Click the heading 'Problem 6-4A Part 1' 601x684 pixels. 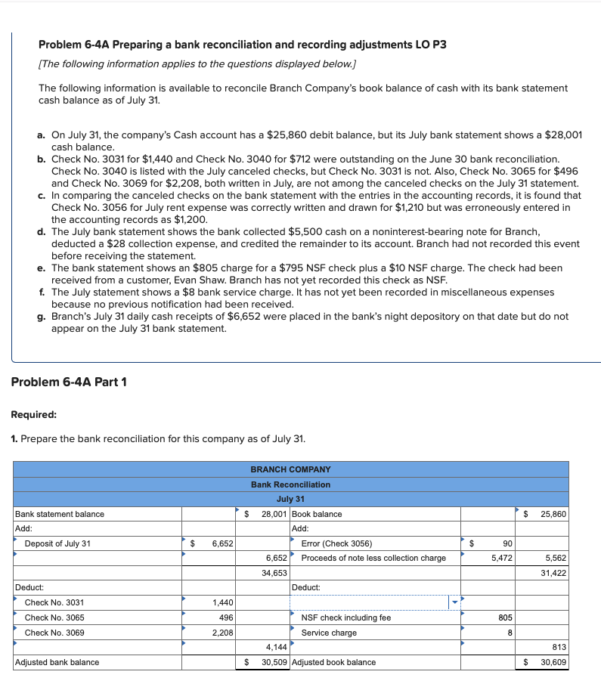[x=69, y=382]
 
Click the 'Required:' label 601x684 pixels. [x=34, y=414]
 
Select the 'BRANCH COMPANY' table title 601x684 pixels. [x=290, y=469]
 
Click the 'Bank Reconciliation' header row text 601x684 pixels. [x=290, y=484]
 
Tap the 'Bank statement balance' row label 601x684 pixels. [x=60, y=514]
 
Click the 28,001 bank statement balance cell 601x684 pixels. [x=271, y=514]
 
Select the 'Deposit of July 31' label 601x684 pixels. [x=57, y=543]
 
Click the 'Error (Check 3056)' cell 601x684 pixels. [x=336, y=543]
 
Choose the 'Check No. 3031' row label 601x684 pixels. [x=54, y=602]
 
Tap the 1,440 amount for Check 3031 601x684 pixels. [x=222, y=602]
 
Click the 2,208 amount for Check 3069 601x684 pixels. [x=222, y=633]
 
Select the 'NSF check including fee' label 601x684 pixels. [x=346, y=617]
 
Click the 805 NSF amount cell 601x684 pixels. [x=505, y=617]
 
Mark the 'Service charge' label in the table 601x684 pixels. [x=329, y=633]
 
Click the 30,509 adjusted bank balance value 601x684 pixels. [x=274, y=662]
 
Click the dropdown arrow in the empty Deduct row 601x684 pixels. [x=455, y=602]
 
